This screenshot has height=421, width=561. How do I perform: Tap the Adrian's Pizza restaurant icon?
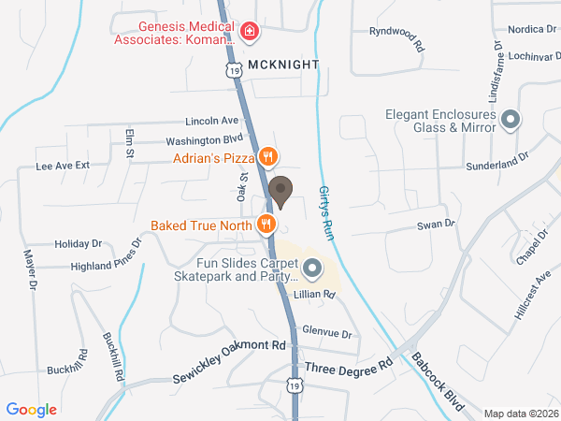point(268,157)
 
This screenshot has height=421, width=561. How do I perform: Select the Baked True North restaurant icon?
point(267,224)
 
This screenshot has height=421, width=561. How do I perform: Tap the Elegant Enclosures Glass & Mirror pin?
point(511,119)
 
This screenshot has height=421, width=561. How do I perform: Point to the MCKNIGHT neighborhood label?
point(284,65)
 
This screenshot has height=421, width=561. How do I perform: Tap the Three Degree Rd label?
point(348,366)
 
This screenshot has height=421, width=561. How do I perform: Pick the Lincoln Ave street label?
point(212,121)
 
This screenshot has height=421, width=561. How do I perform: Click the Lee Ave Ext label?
point(62,165)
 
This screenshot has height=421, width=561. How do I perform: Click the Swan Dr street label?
point(435,224)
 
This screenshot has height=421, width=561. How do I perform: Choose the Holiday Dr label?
point(78,243)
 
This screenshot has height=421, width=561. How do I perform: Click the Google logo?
point(32,409)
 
